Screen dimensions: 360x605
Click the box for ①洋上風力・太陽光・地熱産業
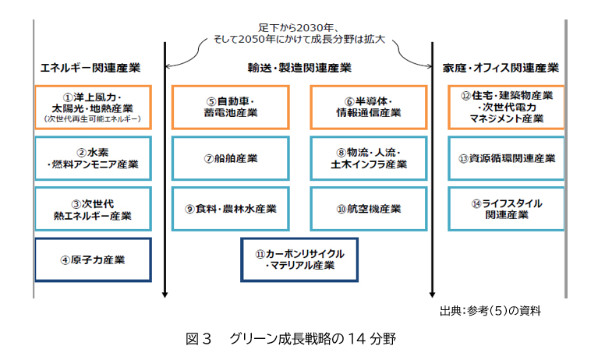93,107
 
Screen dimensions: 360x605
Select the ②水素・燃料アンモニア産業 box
93,158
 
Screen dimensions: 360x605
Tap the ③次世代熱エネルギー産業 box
93,209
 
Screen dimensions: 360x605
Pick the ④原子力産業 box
93,259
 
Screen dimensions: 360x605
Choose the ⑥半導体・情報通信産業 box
368,107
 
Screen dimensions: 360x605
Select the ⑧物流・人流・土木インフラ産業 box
368,158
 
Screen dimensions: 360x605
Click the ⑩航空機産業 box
368,209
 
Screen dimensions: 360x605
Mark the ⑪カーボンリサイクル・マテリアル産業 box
299,259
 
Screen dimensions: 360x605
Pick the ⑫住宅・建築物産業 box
507,107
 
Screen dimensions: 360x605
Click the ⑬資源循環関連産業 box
507,158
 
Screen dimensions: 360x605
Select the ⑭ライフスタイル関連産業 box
507,209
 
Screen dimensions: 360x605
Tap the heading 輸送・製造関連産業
299,67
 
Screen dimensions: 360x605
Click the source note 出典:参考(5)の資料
490,311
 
